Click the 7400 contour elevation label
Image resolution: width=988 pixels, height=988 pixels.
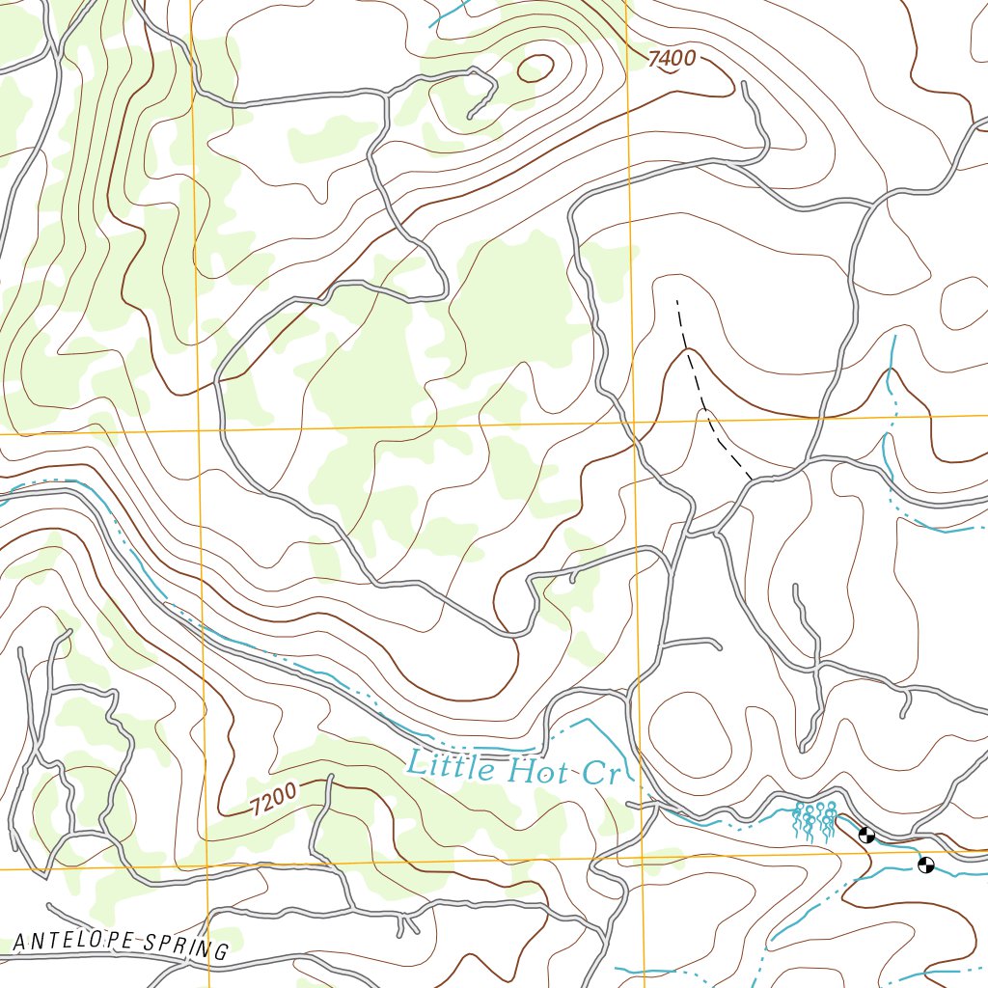coord(672,59)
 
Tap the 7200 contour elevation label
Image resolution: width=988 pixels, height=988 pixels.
coord(273,800)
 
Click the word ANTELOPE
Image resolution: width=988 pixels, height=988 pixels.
coord(74,941)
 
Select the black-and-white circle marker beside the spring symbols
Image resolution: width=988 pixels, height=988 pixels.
coord(866,835)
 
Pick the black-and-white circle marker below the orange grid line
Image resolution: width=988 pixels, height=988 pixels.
coord(926,865)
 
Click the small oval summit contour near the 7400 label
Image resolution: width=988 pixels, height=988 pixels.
coord(535,68)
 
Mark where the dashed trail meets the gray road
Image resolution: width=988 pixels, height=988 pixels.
coord(752,479)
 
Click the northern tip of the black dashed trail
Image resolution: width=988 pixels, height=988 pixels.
coord(677,300)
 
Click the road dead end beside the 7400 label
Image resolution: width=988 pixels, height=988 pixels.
coord(747,86)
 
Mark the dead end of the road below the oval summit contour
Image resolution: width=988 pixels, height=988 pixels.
coord(470,117)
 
